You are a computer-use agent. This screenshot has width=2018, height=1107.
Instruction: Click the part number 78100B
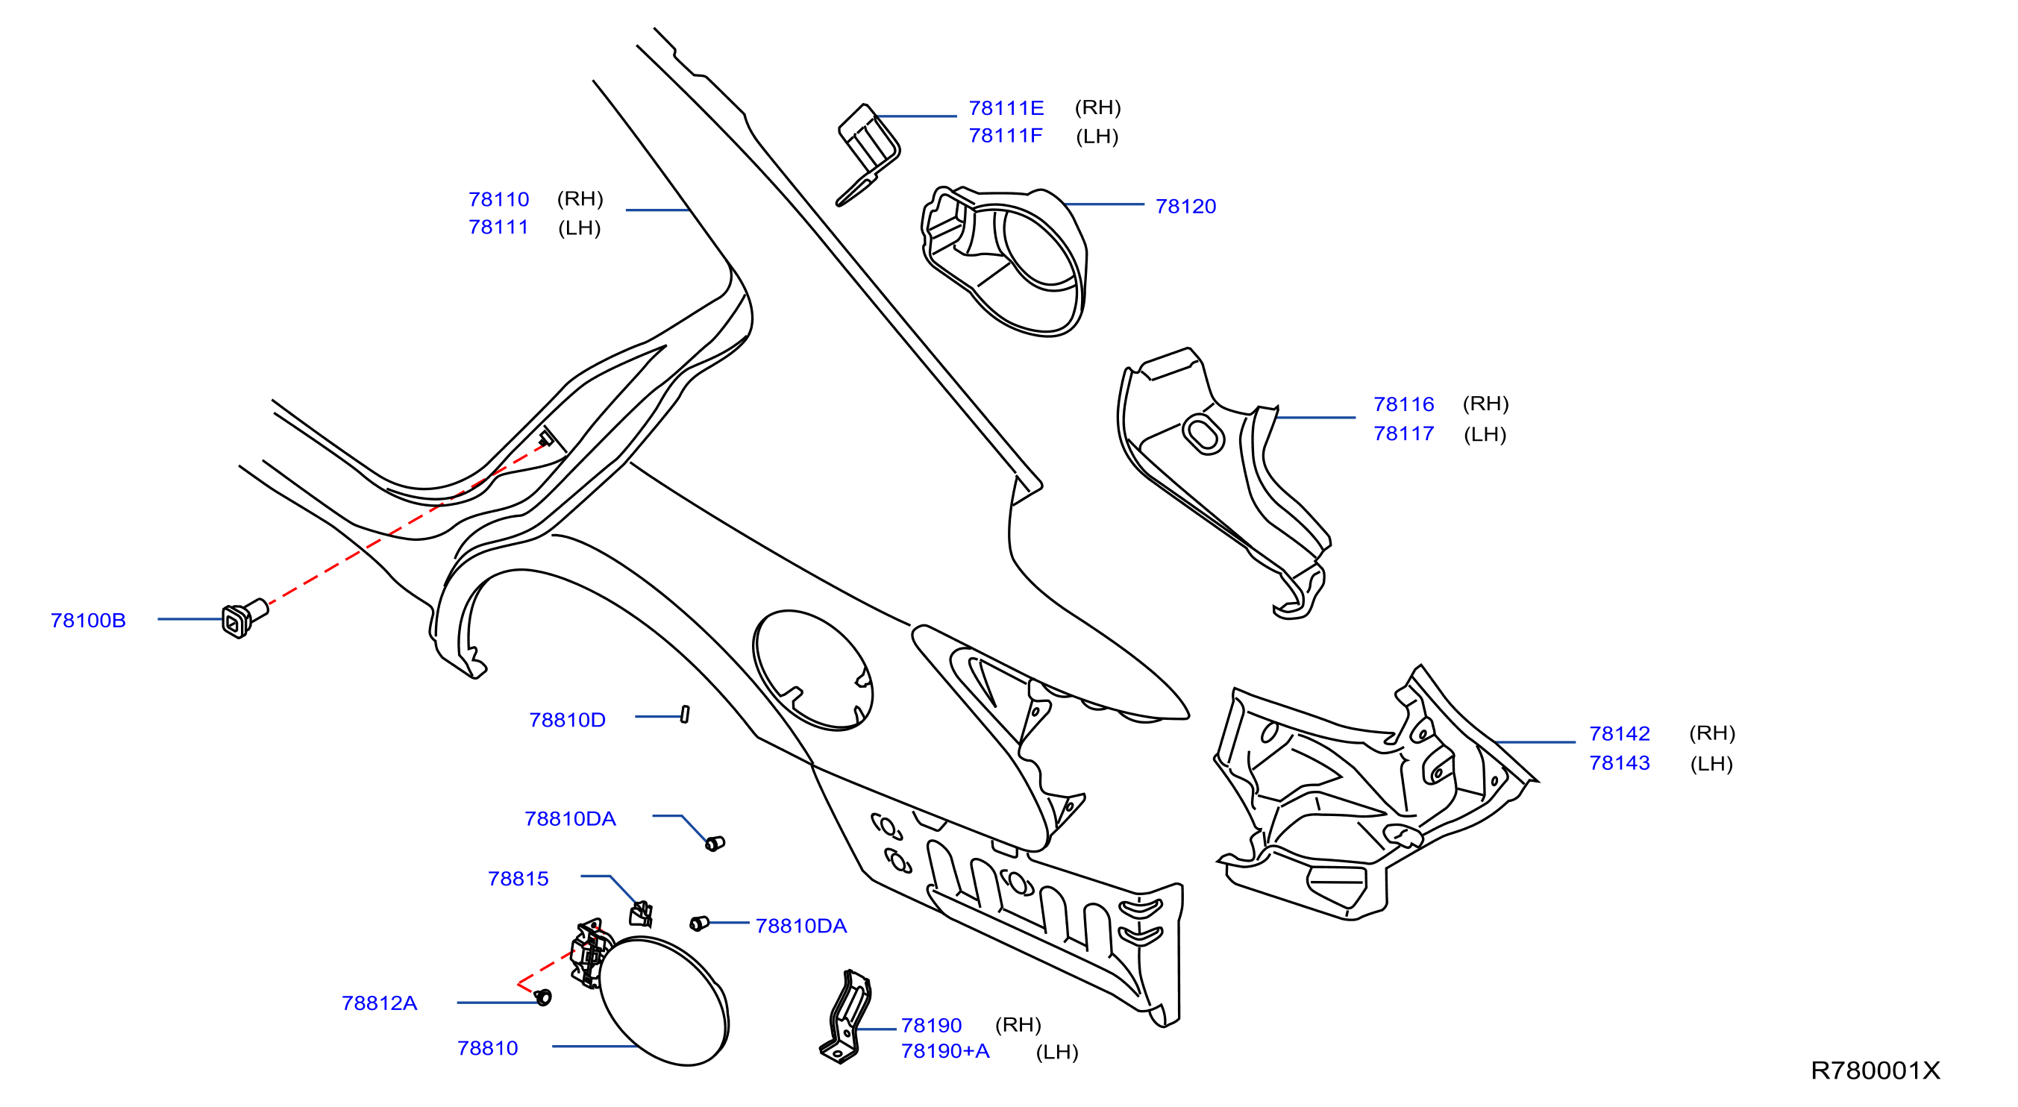pos(88,621)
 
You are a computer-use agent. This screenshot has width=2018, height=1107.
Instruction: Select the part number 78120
pos(1185,207)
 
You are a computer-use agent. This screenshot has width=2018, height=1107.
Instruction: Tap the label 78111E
pos(1006,108)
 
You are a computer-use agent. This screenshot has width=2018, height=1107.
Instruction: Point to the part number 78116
pos(1403,404)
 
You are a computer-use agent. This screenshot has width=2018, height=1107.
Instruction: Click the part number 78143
pos(1620,763)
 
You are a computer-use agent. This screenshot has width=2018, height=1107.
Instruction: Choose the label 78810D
pos(567,720)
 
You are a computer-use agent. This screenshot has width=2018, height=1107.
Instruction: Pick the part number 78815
pos(518,879)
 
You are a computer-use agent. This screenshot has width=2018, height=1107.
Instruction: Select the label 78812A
pos(379,1003)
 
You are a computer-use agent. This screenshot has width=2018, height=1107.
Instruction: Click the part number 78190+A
pos(944,1051)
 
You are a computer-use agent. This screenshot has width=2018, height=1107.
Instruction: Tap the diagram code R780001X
pos(1875,1071)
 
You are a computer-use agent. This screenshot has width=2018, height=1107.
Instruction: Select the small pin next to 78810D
pos(685,714)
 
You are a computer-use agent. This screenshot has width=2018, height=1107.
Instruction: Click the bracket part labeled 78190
pos(845,1017)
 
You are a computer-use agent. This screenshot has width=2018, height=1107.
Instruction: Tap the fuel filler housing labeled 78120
pos(1004,261)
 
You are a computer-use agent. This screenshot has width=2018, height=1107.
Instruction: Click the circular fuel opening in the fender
pos(812,671)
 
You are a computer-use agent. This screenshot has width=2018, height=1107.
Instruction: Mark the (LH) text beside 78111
pos(579,228)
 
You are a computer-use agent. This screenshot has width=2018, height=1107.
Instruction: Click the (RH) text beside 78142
pos(1711,733)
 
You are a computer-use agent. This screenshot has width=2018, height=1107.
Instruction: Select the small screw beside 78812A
pos(543,997)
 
